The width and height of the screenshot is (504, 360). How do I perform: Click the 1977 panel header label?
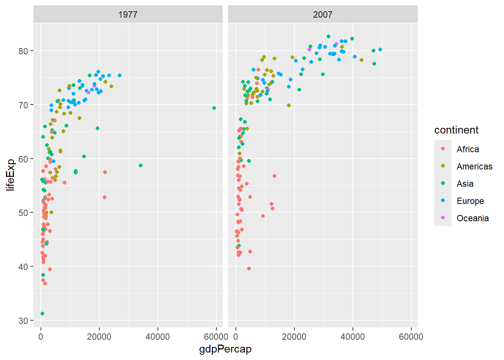pos(128,15)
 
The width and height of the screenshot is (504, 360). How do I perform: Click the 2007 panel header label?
pos(322,15)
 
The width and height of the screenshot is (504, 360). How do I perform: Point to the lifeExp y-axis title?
pos(10,175)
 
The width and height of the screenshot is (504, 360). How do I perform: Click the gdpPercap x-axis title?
pos(225,349)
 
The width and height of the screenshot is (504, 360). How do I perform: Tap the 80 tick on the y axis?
pos(23,51)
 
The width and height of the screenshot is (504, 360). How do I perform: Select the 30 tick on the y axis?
pos(23,321)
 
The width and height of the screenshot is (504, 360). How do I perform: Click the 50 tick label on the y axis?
pos(23,213)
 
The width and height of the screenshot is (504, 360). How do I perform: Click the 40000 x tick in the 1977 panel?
pos(157,337)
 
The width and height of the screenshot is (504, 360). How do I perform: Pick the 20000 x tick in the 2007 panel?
pos(294,337)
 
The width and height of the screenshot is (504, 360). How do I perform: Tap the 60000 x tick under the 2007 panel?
pos(411,337)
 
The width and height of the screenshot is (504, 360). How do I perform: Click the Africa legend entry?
pos(468,149)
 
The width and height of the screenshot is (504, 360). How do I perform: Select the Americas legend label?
pos(474,166)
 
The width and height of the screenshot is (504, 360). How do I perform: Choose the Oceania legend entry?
pos(472,218)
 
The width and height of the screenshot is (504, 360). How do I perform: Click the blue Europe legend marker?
pos(443,201)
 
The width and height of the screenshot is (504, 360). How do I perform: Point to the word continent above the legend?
pos(456,130)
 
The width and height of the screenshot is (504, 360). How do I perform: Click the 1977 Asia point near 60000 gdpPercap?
pos(214,108)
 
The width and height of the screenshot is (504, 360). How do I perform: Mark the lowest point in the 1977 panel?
pos(42,313)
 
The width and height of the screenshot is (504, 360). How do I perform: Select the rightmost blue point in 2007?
pos(380,49)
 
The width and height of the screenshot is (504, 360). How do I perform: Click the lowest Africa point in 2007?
pos(249,268)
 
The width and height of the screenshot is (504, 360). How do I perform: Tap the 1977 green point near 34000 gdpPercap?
pos(141,165)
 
